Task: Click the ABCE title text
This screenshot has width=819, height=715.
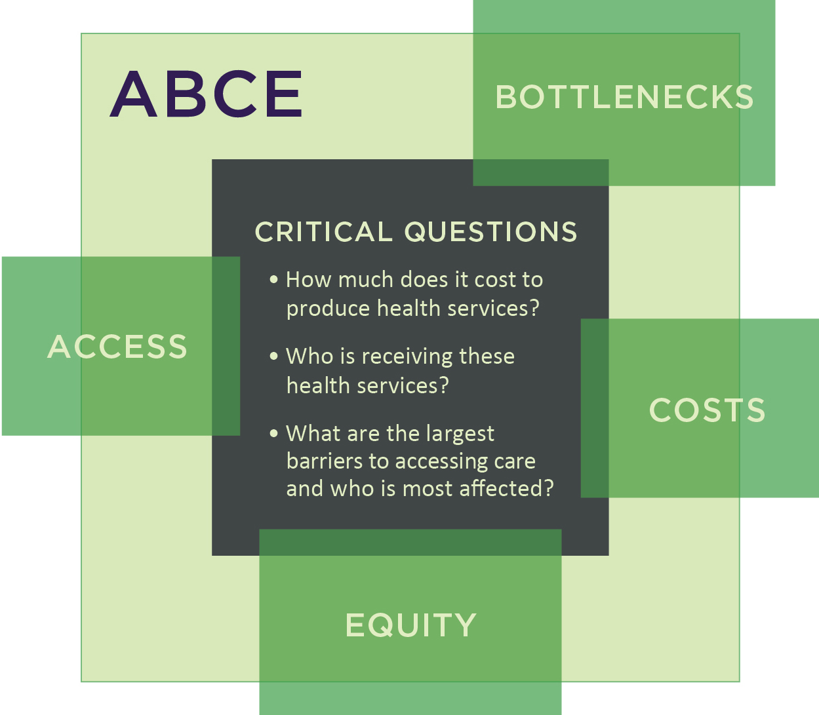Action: [206, 94]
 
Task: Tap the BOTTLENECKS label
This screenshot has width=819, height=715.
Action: [624, 97]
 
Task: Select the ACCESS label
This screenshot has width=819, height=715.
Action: [117, 347]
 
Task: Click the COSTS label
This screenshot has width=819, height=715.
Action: [707, 410]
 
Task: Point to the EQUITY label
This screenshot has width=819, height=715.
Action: [410, 625]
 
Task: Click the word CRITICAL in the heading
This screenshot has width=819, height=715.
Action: [323, 231]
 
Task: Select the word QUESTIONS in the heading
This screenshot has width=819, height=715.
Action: [490, 232]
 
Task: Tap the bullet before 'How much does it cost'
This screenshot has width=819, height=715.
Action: [274, 279]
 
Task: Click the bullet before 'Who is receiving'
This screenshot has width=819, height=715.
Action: [274, 356]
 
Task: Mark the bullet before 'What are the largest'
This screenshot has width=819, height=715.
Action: [274, 433]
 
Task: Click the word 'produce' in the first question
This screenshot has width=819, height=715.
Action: [329, 309]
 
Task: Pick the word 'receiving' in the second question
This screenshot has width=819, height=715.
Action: [407, 357]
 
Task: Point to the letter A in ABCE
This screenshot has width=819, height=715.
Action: [133, 94]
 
